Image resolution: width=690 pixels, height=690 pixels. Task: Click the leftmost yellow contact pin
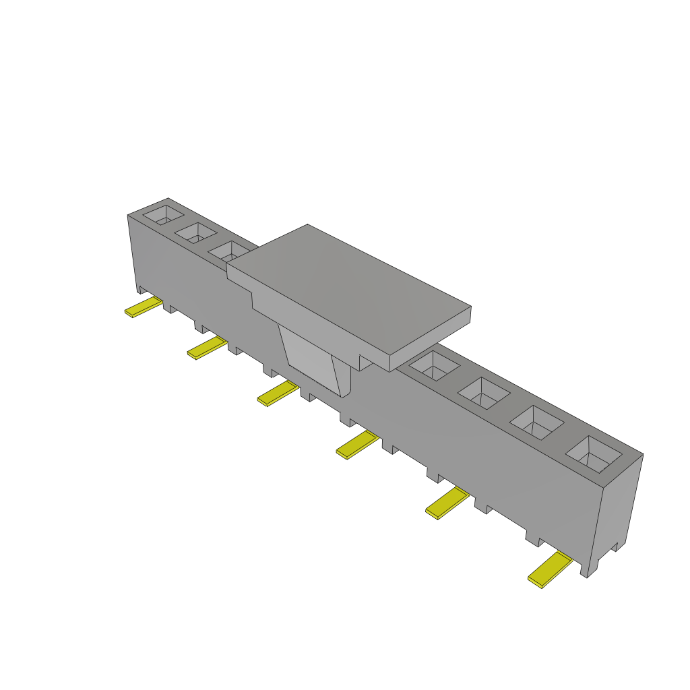(x=143, y=308)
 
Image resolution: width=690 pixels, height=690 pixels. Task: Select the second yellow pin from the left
(x=207, y=348)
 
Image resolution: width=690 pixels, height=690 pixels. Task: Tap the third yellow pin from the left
(x=278, y=394)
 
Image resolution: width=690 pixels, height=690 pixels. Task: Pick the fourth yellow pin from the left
(x=358, y=445)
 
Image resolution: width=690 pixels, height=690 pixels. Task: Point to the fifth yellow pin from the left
(x=447, y=503)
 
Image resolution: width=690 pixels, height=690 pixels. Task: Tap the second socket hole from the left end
(x=195, y=233)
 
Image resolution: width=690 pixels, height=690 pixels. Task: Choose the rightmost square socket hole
(x=594, y=453)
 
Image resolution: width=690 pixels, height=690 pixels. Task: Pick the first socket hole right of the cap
(x=435, y=365)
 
